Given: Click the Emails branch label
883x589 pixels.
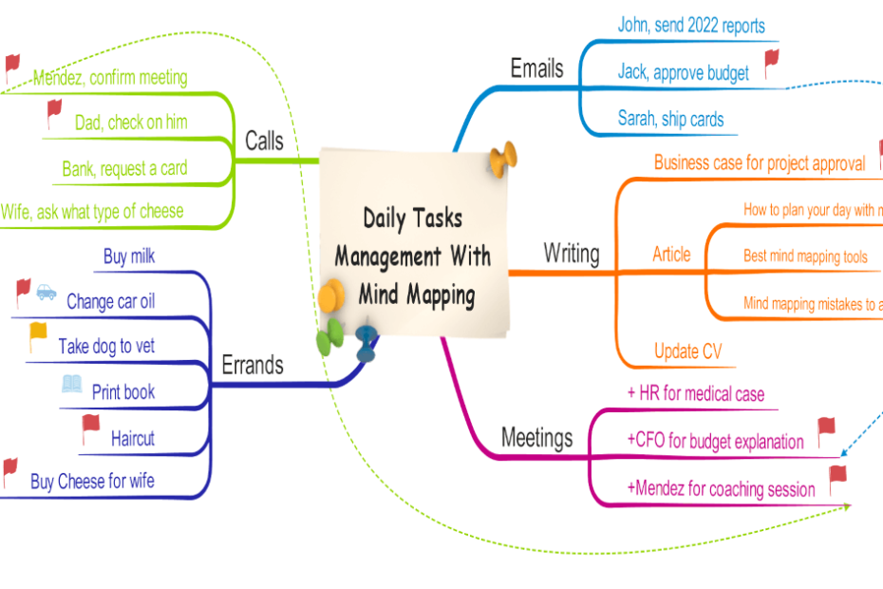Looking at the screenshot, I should coord(536,68).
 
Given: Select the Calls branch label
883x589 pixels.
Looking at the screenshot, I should coord(264,142).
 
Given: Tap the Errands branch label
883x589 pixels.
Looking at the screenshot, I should coord(252,365).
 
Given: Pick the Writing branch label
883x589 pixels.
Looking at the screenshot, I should coord(571,254).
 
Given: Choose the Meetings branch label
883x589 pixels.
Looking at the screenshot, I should coord(536,438).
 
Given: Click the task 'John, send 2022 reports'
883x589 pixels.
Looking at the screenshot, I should coord(690,25).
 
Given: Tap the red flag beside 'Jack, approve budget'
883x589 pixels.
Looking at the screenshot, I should coord(771,64).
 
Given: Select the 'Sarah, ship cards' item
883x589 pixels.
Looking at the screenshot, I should coord(670,119).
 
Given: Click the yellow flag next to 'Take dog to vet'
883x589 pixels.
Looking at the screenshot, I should coord(38,336).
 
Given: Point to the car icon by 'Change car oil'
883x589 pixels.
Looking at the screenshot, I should coord(47,294).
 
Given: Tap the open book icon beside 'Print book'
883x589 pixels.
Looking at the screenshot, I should coord(71,384).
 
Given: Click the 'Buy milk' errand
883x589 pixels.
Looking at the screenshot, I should coord(129,256).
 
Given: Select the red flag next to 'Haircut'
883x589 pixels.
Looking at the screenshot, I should coord(90,428).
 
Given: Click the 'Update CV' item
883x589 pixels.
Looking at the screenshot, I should coord(687,351).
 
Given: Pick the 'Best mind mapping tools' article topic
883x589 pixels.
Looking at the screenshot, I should coord(805,256).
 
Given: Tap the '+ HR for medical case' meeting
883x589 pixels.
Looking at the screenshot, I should coord(695,393).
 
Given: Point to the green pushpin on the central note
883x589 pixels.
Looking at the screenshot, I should coord(330,336).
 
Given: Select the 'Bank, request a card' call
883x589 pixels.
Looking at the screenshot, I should coord(124,169).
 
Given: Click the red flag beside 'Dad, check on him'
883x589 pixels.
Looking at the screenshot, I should coord(55,113).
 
